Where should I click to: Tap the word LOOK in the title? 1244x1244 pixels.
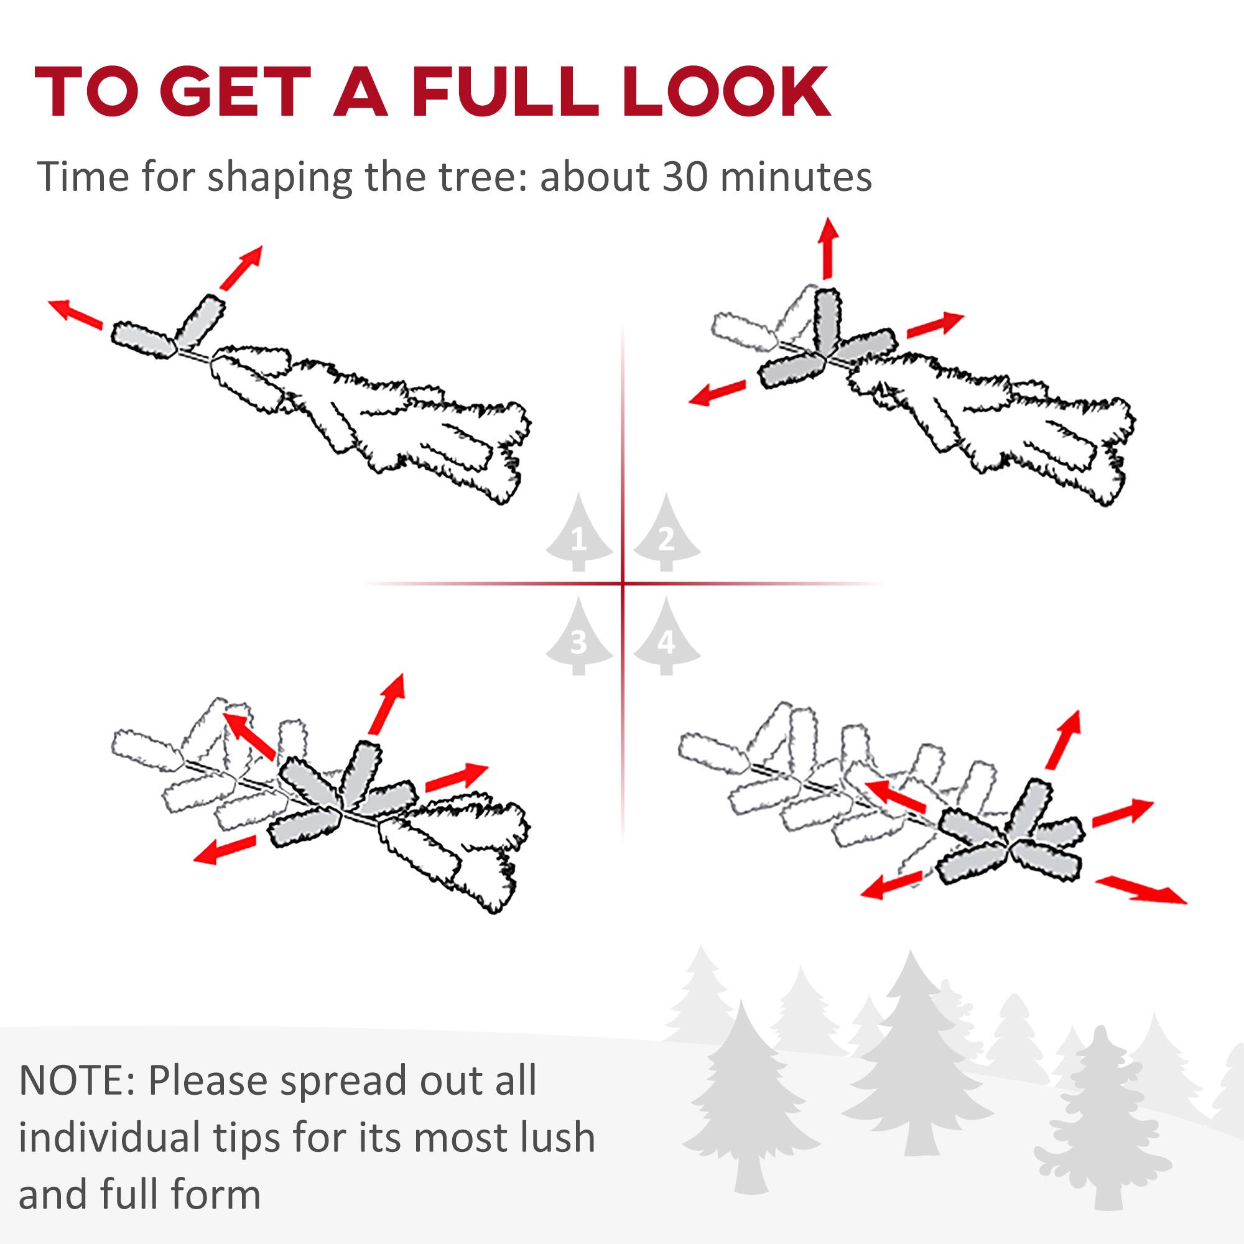tap(726, 91)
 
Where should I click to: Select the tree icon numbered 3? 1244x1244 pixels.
tap(579, 639)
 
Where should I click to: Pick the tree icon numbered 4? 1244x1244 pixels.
tap(666, 639)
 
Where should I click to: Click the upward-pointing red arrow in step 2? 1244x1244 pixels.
tap(828, 248)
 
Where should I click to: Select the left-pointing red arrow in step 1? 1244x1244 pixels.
tap(76, 314)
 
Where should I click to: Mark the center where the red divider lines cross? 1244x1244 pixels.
tap(623, 584)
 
